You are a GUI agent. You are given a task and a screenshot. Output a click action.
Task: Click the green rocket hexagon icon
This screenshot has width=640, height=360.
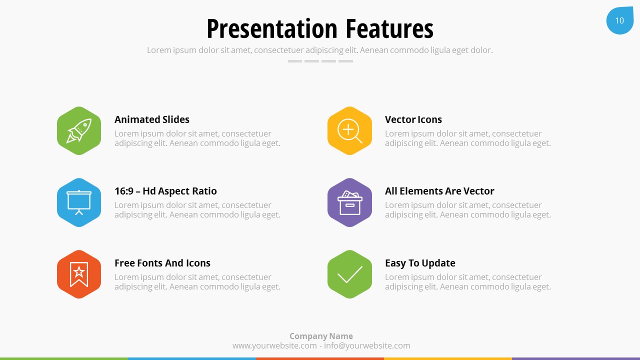click(x=79, y=131)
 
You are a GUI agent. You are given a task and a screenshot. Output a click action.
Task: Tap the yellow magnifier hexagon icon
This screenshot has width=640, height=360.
click(x=349, y=131)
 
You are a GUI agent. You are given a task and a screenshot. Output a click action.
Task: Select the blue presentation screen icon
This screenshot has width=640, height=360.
click(x=79, y=202)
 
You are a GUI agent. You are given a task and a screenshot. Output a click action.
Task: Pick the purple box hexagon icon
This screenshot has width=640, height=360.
click(x=349, y=202)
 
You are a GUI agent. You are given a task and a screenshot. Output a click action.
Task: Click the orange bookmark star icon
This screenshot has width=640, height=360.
click(x=79, y=274)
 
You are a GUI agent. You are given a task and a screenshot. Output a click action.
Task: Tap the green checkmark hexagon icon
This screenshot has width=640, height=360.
click(x=349, y=274)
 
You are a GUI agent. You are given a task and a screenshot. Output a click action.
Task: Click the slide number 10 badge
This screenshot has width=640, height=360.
click(x=619, y=20)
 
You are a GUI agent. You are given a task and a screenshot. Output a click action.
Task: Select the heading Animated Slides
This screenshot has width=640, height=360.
click(x=151, y=119)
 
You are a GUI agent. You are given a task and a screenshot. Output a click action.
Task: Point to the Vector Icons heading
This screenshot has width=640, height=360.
click(x=413, y=119)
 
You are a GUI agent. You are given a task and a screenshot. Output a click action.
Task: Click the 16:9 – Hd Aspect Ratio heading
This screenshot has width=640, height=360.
click(x=165, y=191)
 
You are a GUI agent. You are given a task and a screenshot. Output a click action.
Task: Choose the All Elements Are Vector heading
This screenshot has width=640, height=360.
click(x=439, y=191)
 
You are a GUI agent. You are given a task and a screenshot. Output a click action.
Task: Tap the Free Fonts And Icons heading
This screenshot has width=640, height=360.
click(x=162, y=263)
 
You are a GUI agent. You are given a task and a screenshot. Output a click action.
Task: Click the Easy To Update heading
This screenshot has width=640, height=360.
click(x=420, y=263)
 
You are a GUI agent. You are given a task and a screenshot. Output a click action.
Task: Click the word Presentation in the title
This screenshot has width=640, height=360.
click(x=272, y=28)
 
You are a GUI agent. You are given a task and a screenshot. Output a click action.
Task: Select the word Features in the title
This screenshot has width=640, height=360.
click(x=389, y=28)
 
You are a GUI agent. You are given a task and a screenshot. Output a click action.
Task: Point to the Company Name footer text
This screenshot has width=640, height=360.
click(x=321, y=336)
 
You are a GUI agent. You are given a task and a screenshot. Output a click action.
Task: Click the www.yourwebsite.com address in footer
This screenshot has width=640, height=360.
click(x=274, y=345)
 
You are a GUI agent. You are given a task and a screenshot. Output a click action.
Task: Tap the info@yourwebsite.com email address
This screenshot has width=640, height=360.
click(x=367, y=345)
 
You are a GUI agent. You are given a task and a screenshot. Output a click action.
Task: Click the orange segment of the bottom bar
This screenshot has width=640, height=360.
click(x=320, y=358)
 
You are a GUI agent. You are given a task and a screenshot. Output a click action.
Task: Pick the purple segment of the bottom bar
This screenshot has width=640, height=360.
click(x=576, y=358)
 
